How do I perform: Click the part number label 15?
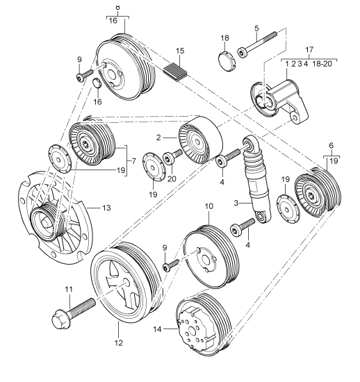pyautogui.click(x=179, y=51)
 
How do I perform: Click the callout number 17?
pyautogui.click(x=310, y=49)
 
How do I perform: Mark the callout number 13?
pyautogui.click(x=106, y=206)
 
